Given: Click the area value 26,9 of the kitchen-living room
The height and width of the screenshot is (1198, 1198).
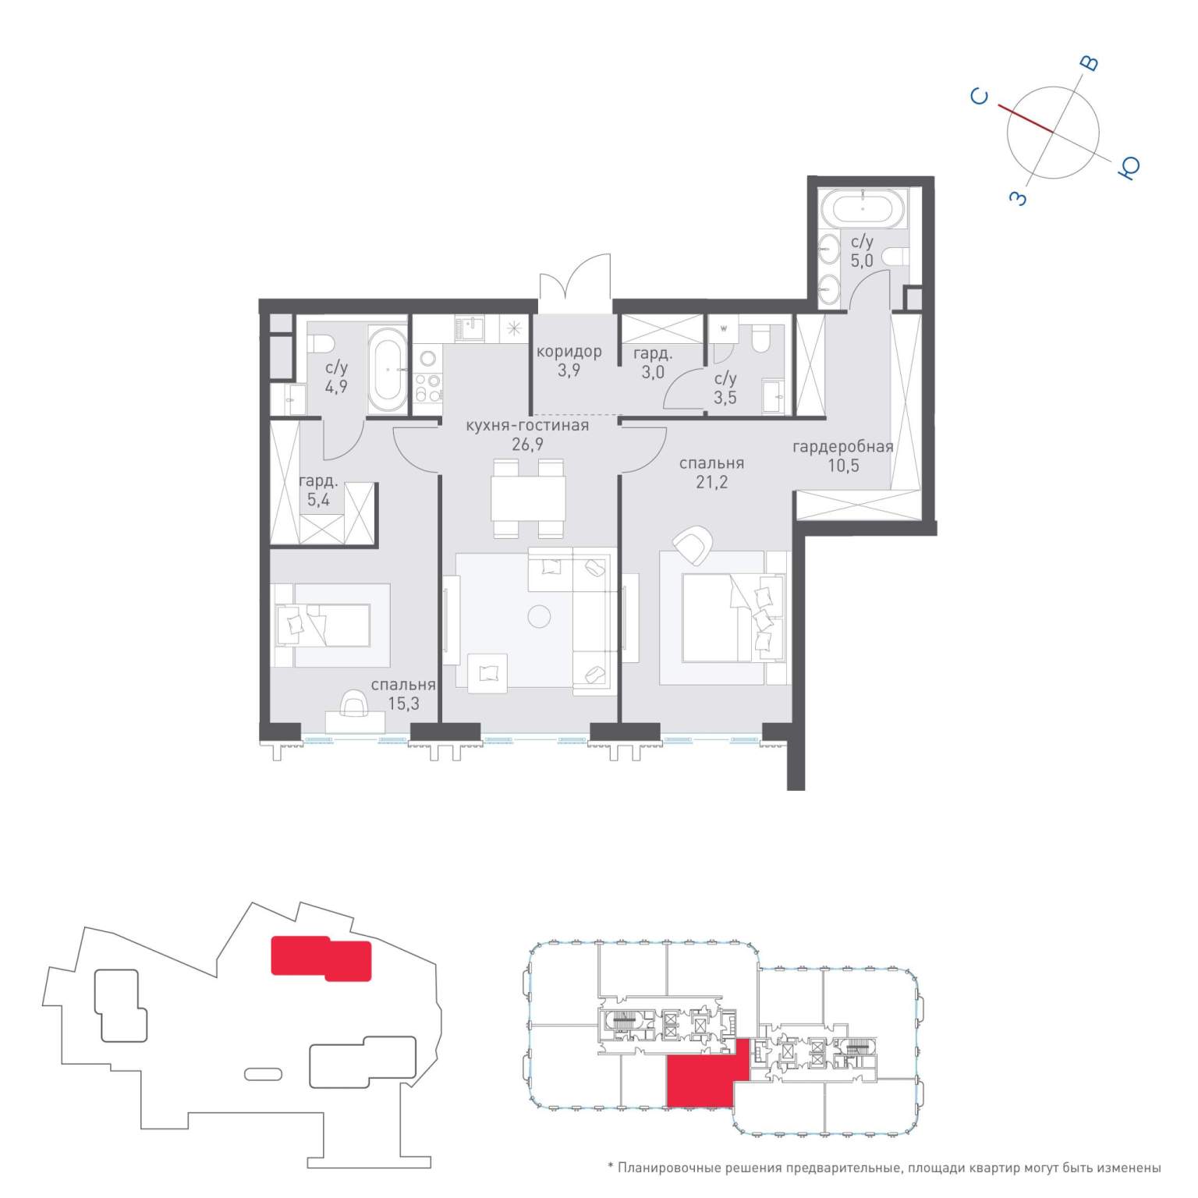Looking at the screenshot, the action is (527, 445).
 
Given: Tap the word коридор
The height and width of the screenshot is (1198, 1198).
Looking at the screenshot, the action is (569, 351).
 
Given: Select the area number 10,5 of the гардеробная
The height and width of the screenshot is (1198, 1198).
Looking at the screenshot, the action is (843, 465).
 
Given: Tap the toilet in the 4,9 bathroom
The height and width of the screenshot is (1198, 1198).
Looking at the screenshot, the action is (321, 342).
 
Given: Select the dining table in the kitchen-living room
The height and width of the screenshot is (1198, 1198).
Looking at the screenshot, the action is (528, 498).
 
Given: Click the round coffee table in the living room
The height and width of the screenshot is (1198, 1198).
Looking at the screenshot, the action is (539, 617).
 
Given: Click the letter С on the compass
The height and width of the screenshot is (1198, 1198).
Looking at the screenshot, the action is (980, 97).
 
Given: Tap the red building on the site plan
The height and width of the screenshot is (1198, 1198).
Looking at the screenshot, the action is (321, 958).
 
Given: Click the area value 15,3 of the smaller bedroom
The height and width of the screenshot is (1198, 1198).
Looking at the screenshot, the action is (403, 704).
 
